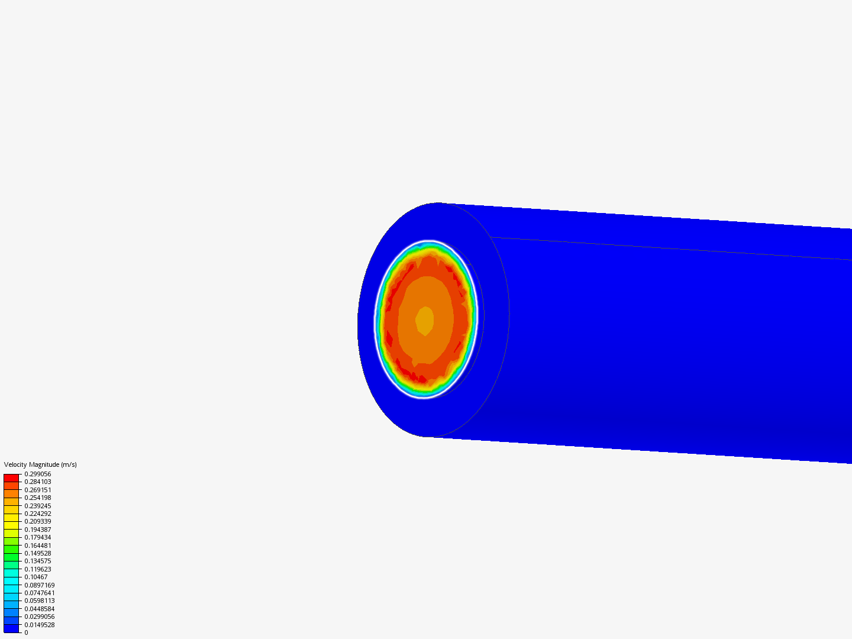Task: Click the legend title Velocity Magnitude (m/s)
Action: point(40,464)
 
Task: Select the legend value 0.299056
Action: point(38,474)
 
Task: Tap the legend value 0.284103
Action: point(38,482)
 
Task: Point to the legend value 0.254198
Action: point(38,498)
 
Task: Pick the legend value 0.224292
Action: point(38,514)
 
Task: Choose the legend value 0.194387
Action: point(38,530)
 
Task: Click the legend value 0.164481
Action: point(38,546)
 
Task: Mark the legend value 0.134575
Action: point(38,561)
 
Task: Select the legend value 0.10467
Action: point(36,577)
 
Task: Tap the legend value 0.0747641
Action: point(40,593)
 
